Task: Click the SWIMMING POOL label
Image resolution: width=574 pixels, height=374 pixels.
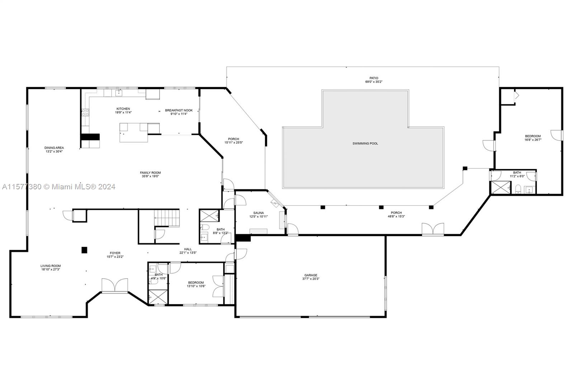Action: pos(365,143)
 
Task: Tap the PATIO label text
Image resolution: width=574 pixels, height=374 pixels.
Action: pos(374,78)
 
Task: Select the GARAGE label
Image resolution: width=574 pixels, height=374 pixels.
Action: pos(311,275)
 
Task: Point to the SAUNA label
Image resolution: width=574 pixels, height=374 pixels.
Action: pos(258,213)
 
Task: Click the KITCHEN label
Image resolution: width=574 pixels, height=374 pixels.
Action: pos(123,109)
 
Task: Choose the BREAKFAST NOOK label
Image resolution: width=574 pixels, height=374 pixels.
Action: pos(179,110)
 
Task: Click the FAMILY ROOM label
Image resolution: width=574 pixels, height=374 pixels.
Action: pos(150,173)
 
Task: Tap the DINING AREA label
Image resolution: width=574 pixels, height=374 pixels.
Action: pos(54,148)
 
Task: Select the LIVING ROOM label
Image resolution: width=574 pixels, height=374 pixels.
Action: pos(50,266)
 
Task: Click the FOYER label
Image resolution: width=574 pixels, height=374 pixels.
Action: pos(115,253)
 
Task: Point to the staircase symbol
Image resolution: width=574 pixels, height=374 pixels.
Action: pos(166,218)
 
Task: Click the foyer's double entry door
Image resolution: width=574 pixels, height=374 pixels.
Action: pos(114,285)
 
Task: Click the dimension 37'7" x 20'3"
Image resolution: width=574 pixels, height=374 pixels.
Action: pos(311,279)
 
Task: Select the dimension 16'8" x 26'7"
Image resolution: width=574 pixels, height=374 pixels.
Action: pos(533,140)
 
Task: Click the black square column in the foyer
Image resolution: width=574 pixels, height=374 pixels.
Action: pos(84,250)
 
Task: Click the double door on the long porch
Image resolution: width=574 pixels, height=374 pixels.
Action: pos(433,229)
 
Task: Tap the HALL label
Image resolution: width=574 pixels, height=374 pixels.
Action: pos(188,249)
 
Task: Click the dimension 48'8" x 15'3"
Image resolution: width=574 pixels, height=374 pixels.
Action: pos(396,217)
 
